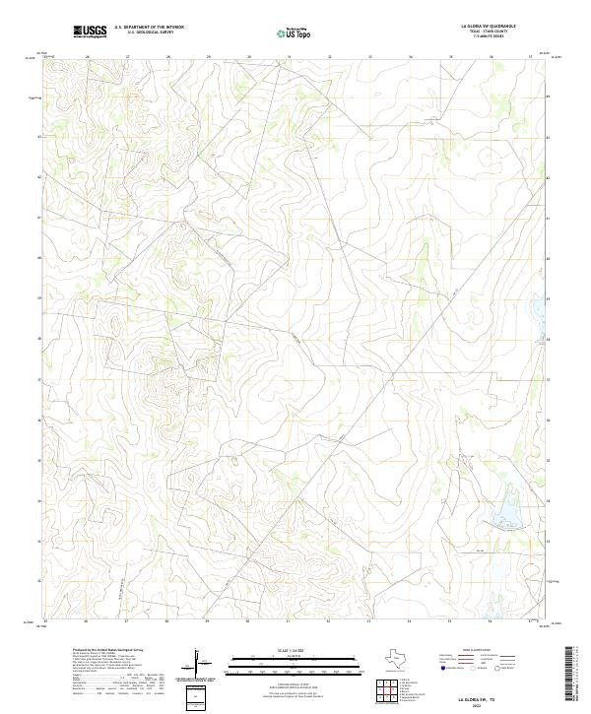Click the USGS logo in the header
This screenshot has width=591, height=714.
pyautogui.click(x=90, y=32)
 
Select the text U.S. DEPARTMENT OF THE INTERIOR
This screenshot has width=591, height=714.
pyautogui.click(x=149, y=28)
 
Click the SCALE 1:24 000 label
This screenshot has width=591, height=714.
pyautogui.click(x=286, y=650)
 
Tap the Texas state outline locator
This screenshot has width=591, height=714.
pyautogui.click(x=405, y=657)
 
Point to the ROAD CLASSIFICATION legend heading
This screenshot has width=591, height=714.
pyautogui.click(x=483, y=651)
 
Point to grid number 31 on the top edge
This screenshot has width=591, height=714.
pyautogui.click(x=289, y=57)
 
